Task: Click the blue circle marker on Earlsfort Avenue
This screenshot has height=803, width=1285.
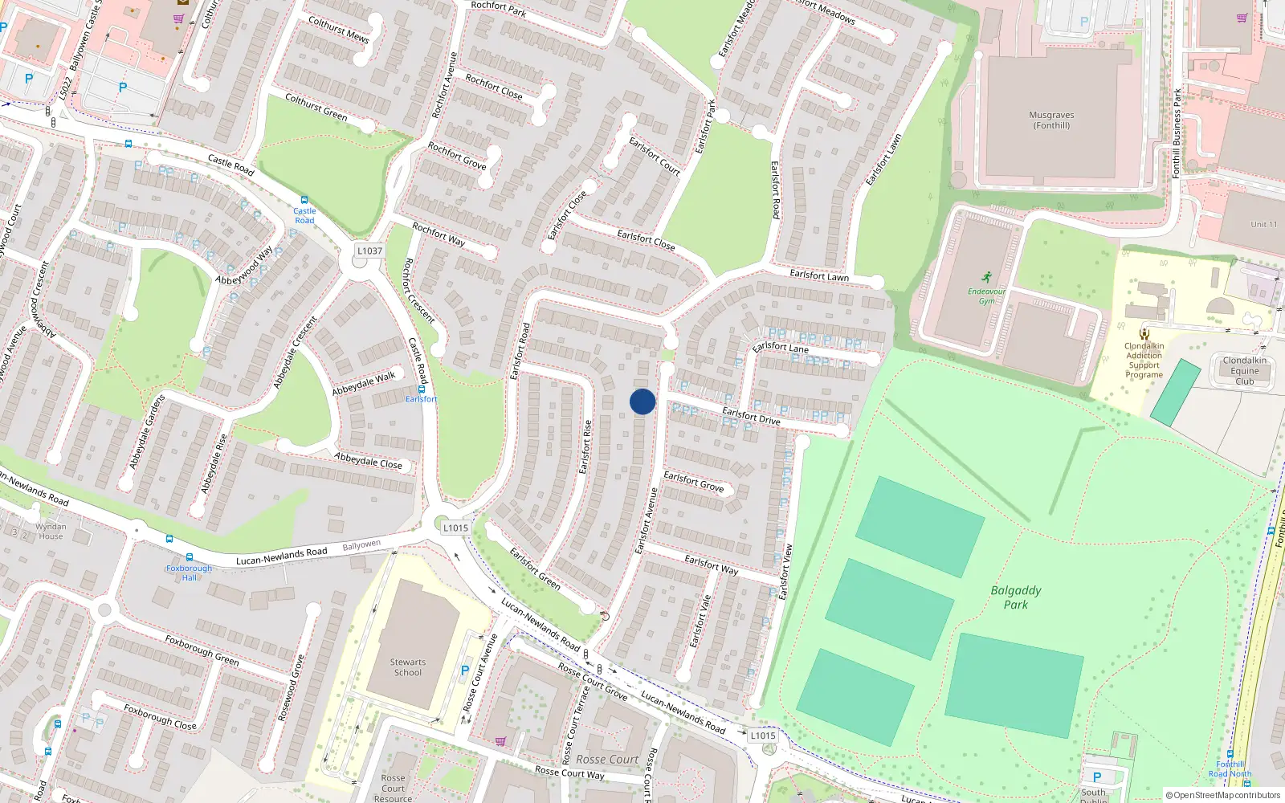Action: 642,401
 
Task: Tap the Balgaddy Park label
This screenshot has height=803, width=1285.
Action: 1016,597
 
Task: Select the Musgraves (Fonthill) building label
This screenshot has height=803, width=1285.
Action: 1051,120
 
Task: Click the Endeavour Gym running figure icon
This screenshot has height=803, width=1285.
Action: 987,277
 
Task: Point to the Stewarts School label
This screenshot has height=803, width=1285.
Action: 408,667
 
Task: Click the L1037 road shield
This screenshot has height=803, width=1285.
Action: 369,251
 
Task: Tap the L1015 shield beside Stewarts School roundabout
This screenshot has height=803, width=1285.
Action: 455,528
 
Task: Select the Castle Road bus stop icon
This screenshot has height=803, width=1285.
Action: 304,200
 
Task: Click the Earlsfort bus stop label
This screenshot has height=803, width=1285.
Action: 421,399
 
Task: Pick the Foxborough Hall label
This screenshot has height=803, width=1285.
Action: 189,573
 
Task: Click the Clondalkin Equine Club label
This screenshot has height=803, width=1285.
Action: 1244,371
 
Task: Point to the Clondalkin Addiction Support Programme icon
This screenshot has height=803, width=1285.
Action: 1144,334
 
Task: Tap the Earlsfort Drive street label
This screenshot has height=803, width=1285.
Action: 751,415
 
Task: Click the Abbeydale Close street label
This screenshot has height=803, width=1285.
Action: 368,460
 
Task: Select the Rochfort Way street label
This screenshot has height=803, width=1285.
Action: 439,234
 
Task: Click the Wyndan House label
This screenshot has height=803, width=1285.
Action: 51,532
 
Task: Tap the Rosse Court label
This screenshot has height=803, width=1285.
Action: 607,759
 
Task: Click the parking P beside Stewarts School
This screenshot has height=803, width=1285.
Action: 465,671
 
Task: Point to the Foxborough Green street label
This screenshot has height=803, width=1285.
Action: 202,650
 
